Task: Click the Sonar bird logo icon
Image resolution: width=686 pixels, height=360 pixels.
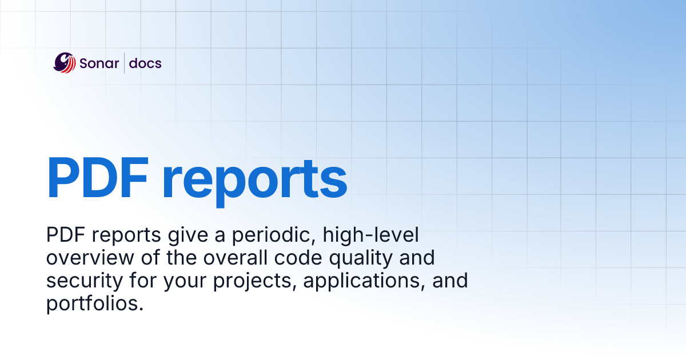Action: pyautogui.click(x=65, y=63)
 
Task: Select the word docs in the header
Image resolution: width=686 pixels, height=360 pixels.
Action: pyautogui.click(x=145, y=63)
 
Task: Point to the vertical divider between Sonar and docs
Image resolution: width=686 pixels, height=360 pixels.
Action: pyautogui.click(x=125, y=63)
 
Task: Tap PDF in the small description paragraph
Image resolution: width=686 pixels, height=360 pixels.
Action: pyautogui.click(x=65, y=235)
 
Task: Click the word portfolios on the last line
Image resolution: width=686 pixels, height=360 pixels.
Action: pyautogui.click(x=94, y=303)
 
